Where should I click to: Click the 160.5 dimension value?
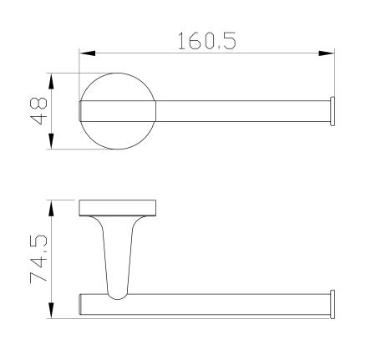point(207,41)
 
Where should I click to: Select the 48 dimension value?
point(38,111)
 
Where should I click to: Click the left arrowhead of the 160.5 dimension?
point(87,53)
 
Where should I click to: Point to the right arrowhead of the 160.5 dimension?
point(327,53)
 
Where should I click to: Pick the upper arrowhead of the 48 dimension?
point(51,81)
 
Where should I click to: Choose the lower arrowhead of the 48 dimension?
point(51,141)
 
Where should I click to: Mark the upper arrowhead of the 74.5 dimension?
point(51,208)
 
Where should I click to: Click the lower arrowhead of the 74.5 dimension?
point(51,311)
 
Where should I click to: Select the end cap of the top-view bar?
point(333,111)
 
